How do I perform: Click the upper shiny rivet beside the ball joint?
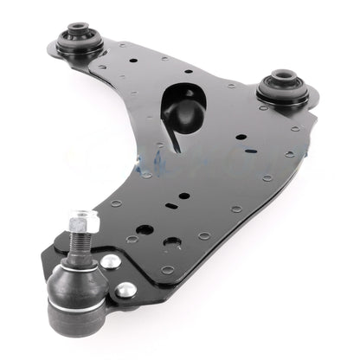point(111,260)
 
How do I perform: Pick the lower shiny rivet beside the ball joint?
point(125,289)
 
